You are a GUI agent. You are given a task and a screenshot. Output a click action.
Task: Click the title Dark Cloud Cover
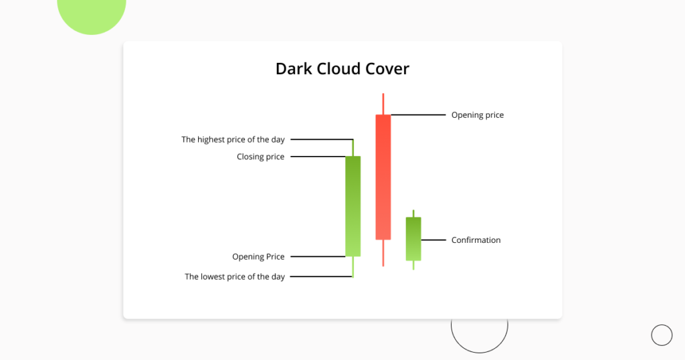coord(342,68)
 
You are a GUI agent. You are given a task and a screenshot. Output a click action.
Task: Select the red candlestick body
coord(383,177)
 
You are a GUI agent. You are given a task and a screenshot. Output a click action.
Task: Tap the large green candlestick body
coord(353,206)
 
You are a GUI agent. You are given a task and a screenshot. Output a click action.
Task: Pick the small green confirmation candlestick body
coord(413,238)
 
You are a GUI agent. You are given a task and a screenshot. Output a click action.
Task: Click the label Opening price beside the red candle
coord(477,115)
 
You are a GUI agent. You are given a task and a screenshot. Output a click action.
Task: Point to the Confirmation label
coord(476,240)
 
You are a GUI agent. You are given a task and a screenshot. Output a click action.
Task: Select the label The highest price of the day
coord(233,140)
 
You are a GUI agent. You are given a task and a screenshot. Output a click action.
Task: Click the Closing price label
coord(260,157)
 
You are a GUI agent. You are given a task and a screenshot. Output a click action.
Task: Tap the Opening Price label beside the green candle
coord(258,256)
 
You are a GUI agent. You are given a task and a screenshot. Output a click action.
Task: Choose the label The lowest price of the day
coord(235,276)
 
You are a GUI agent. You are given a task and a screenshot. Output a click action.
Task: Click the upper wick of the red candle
coord(383,104)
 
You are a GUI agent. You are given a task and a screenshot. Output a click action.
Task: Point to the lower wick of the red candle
coord(383,253)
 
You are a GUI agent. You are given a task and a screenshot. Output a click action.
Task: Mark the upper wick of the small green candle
coord(413,213)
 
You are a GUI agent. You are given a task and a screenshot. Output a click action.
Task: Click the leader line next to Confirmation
coord(433,240)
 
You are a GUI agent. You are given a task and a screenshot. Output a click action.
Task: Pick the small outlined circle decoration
coord(661,335)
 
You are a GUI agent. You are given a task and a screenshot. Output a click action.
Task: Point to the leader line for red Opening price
coord(418,115)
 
